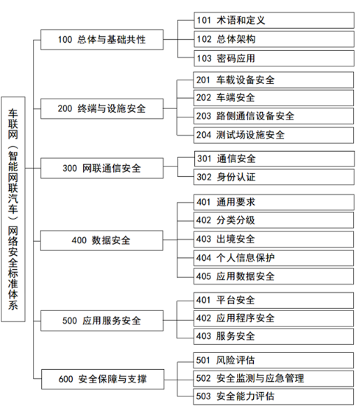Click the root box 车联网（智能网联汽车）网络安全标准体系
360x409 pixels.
[13, 209]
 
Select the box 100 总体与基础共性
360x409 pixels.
[102, 40]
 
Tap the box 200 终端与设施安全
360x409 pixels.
[102, 109]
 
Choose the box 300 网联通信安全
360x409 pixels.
[102, 168]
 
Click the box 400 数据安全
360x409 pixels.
[102, 241]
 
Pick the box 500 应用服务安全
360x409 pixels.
[102, 321]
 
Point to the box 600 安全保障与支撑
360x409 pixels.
[103, 379]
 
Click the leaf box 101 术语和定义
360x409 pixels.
[274, 20]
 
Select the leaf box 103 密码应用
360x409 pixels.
[274, 59]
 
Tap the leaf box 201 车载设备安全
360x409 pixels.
[273, 80]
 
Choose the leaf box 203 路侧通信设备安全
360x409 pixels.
[273, 116]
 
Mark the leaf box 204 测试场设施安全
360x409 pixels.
[273, 135]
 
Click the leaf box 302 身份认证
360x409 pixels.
[274, 177]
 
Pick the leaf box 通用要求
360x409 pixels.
[274, 202]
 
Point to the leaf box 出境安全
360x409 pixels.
[273, 239]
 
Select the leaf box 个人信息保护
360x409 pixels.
[273, 258]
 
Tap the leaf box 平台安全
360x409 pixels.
[273, 300]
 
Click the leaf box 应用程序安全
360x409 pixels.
[273, 318]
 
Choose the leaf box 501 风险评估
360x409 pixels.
[273, 361]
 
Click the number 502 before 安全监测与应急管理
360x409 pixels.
[203, 378]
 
